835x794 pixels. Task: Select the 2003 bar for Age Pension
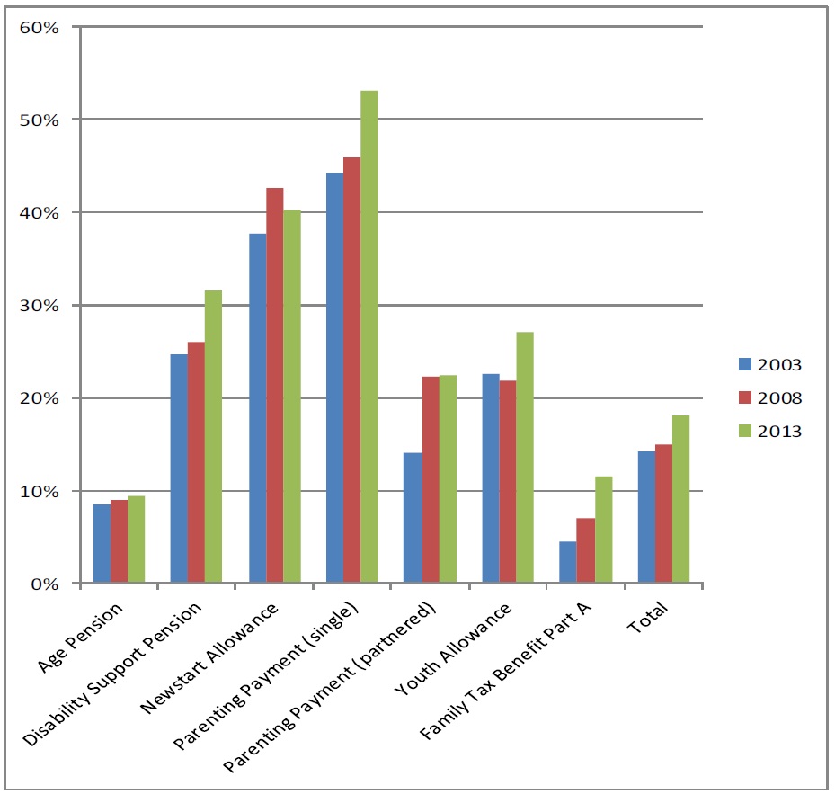click(102, 544)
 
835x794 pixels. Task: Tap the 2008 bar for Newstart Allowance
click(274, 386)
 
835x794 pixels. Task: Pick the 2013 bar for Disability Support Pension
click(214, 437)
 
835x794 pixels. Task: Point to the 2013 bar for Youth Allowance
click(525, 458)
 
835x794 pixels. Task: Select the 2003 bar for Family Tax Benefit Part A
click(567, 562)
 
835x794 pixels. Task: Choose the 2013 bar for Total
click(680, 499)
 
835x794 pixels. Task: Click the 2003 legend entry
click(770, 364)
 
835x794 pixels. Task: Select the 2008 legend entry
click(770, 397)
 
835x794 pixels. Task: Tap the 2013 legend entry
click(770, 431)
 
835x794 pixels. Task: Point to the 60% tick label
click(39, 26)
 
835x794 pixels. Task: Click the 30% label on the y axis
click(39, 305)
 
